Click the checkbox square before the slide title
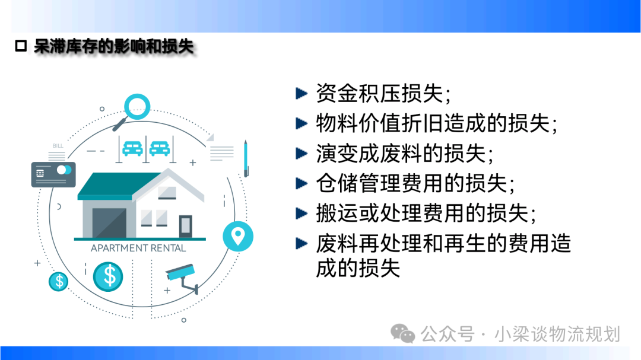click(x=21, y=46)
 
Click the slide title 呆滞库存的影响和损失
click(x=113, y=46)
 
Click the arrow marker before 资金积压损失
click(x=302, y=94)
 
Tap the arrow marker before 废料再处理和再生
click(x=302, y=244)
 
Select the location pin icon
click(x=238, y=236)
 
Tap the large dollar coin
click(x=108, y=276)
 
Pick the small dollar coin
click(x=58, y=281)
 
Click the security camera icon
click(x=182, y=278)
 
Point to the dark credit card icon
click(x=53, y=174)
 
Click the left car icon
click(x=132, y=149)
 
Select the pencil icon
click(x=246, y=158)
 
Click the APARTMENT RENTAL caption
click(x=138, y=248)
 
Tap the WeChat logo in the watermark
click(x=402, y=333)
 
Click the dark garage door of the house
click(x=109, y=222)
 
